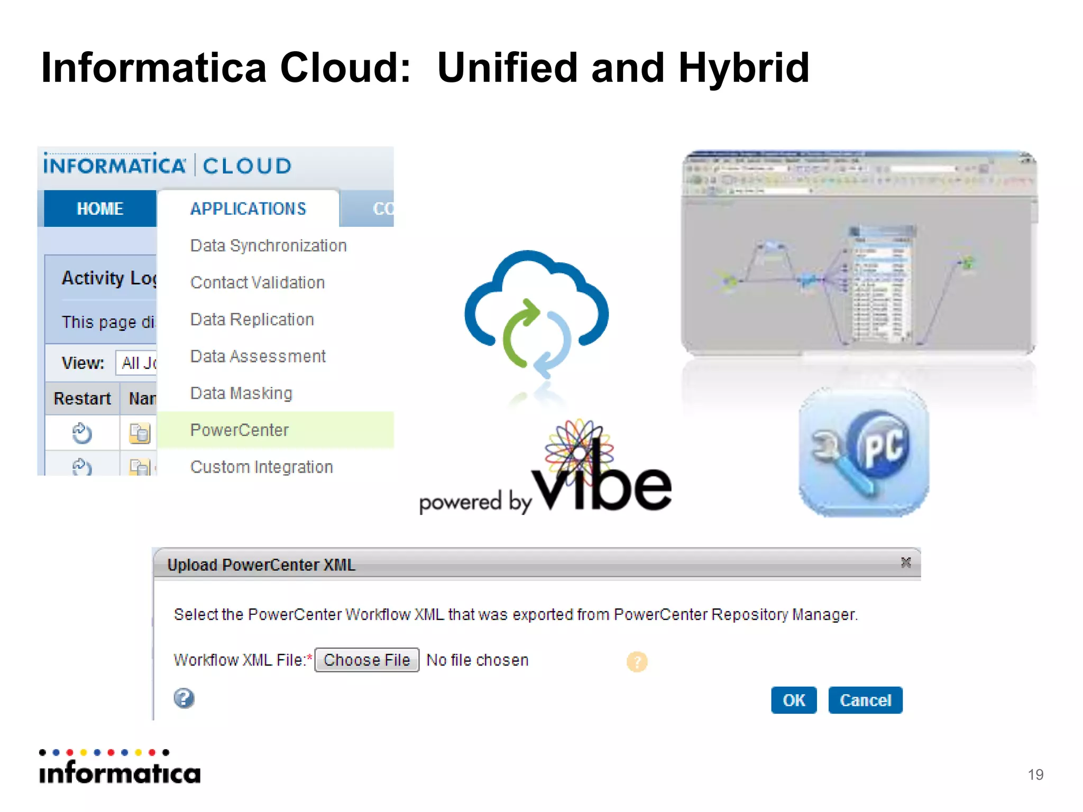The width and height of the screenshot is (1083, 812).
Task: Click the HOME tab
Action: pos(100,209)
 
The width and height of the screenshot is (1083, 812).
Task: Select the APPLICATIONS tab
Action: pos(248,209)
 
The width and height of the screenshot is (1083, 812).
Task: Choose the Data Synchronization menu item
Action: pos(268,246)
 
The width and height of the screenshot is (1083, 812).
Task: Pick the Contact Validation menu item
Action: pos(257,283)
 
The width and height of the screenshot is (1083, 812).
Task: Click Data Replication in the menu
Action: pos(252,320)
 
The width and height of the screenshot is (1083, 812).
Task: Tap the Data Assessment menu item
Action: pos(258,357)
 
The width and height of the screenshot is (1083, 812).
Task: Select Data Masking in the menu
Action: pos(241,393)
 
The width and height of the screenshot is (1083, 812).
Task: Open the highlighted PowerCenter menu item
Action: pos(239,430)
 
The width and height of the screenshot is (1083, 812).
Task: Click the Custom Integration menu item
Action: pos(261,467)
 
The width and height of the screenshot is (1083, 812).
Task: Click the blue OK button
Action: pos(793,700)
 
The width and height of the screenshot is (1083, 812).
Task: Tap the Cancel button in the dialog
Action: pos(865,700)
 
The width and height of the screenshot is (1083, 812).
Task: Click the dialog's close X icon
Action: pos(906,562)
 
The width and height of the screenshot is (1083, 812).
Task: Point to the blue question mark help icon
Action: pos(184,698)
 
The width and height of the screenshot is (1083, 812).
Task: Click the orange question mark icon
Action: pos(637,662)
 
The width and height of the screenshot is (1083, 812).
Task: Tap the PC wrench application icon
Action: pos(864,453)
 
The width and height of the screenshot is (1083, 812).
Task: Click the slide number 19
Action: pos(1035,774)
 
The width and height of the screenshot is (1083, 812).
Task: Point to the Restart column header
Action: pos(82,399)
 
